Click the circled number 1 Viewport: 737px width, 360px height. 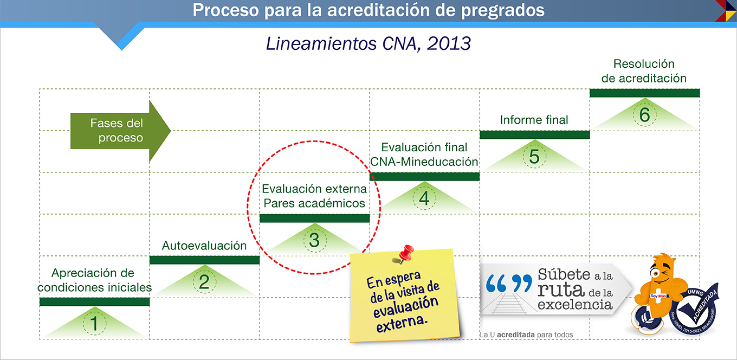(94, 323)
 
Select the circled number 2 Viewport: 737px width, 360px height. (204, 281)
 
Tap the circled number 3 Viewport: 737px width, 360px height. (314, 240)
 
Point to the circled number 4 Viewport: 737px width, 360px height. (424, 198)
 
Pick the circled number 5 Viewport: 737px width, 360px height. (534, 156)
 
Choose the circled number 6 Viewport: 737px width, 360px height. (644, 115)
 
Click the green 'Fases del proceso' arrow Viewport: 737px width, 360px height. (120, 131)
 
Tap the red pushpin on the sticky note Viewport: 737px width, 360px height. (405, 254)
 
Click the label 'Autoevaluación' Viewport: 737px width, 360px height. (204, 246)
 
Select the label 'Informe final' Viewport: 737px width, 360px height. (534, 120)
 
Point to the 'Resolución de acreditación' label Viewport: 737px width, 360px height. (644, 70)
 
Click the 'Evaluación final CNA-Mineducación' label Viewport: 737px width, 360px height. (424, 155)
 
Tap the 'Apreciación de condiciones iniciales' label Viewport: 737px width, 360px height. (94, 280)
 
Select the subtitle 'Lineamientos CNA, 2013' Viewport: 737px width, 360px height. (368, 43)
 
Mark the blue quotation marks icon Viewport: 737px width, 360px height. (509, 284)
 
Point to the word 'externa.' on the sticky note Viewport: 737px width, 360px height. (402, 323)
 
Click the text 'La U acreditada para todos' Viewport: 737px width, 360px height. (526, 335)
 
